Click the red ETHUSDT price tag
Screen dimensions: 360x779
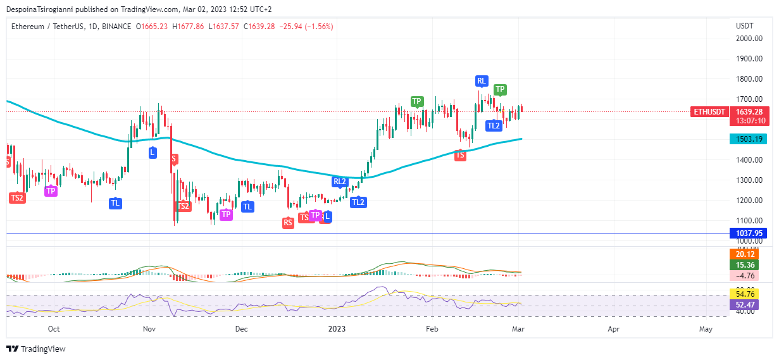pyautogui.click(x=709, y=112)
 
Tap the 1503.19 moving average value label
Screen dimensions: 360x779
pyautogui.click(x=747, y=139)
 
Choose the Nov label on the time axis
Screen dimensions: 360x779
pyautogui.click(x=149, y=329)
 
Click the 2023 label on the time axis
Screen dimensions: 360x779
pyautogui.click(x=337, y=329)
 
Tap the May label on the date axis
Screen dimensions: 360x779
pyautogui.click(x=706, y=329)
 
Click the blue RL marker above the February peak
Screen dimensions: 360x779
pyautogui.click(x=482, y=81)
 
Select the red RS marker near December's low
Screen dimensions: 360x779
pyautogui.click(x=289, y=222)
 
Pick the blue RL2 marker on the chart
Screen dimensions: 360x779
pyautogui.click(x=340, y=182)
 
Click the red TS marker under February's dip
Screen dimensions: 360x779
pyautogui.click(x=460, y=154)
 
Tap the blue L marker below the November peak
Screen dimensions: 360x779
pyautogui.click(x=153, y=152)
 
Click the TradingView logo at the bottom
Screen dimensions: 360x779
pyautogui.click(x=36, y=349)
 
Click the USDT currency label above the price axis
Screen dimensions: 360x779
pyautogui.click(x=745, y=26)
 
